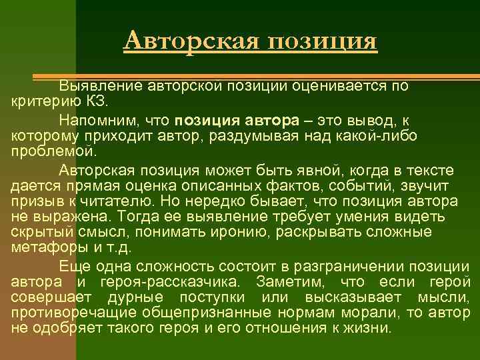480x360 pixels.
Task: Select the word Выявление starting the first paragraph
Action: pos(100,86)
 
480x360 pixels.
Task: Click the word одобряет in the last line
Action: pos(61,328)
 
